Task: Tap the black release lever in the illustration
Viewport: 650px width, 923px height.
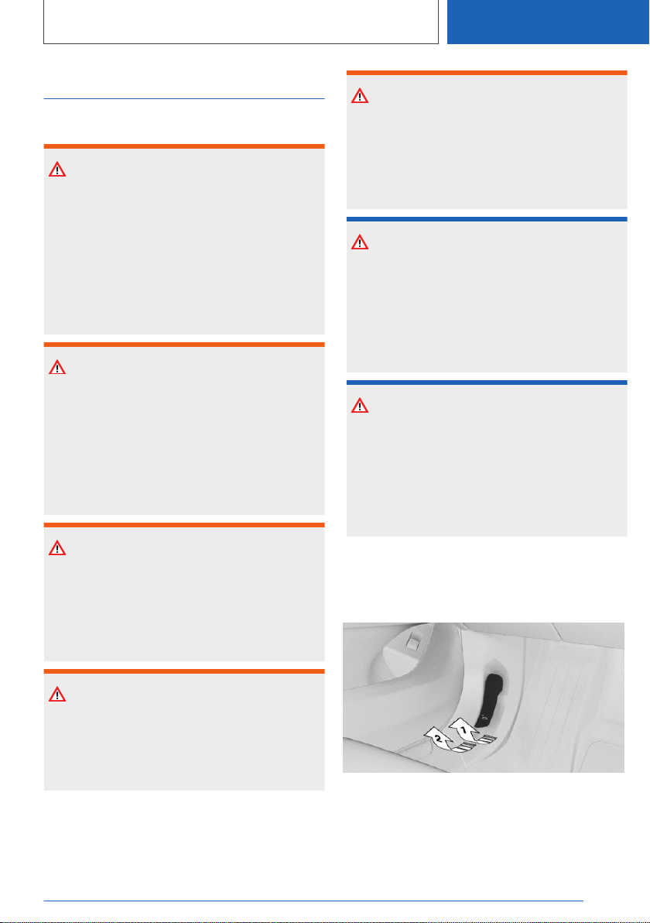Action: (x=492, y=698)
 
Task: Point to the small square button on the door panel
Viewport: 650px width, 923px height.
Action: (x=413, y=643)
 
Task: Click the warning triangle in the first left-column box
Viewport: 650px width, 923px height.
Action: (x=57, y=170)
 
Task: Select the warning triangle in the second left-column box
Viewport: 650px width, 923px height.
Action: (x=57, y=367)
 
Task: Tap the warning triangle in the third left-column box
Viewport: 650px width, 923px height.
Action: (x=57, y=548)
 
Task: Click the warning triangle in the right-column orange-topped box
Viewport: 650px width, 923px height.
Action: (x=360, y=96)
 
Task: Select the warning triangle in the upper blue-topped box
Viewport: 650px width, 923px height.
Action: (x=360, y=242)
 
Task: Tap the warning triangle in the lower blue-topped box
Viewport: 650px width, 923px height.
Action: (x=360, y=406)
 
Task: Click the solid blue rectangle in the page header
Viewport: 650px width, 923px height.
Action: (x=548, y=22)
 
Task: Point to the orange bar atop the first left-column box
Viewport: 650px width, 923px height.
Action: (x=184, y=146)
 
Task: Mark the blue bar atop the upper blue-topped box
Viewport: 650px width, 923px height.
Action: (x=487, y=219)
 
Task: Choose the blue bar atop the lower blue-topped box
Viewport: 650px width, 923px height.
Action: (x=487, y=383)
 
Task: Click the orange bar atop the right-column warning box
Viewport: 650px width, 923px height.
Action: (x=487, y=73)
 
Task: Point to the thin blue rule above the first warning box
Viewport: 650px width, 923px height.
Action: (x=184, y=99)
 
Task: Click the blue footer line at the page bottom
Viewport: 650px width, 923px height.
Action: (x=313, y=901)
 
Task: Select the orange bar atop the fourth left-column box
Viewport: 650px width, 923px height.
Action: (x=184, y=671)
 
